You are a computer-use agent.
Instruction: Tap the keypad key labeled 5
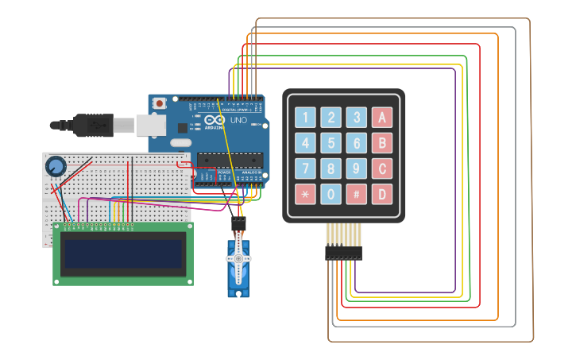(331, 143)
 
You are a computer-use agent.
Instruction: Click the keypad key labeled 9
(357, 168)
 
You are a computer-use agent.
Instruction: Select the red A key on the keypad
(382, 118)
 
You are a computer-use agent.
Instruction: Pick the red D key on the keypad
(382, 194)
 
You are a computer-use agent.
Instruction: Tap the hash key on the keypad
(357, 194)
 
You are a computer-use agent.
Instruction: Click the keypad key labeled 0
(331, 194)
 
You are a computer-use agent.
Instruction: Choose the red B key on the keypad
(382, 143)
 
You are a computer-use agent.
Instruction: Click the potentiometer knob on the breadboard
(55, 166)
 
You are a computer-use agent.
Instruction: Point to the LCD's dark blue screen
(122, 254)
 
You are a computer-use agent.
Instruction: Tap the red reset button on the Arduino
(160, 103)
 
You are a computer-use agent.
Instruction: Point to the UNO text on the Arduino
(238, 121)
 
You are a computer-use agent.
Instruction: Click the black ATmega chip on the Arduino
(230, 157)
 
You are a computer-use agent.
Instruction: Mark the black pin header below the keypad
(342, 253)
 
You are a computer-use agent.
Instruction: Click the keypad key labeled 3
(357, 118)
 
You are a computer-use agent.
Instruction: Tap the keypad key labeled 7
(306, 168)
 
